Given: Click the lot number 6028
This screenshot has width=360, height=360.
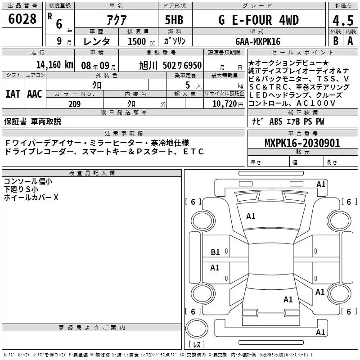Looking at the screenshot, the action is click(x=22, y=19).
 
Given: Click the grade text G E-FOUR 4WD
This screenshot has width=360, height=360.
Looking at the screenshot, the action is click(x=258, y=20).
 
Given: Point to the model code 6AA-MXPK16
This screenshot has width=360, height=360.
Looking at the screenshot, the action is click(x=258, y=41).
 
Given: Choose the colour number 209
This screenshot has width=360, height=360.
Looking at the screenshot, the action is click(x=75, y=104).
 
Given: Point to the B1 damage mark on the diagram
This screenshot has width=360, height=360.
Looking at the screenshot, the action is click(x=215, y=252).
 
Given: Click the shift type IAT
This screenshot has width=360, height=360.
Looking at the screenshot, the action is click(x=13, y=94).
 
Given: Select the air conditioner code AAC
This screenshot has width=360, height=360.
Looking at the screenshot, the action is click(x=35, y=94).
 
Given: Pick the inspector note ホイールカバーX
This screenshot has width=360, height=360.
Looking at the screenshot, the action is click(x=31, y=197).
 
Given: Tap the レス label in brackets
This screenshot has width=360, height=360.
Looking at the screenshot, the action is click(x=197, y=345).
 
